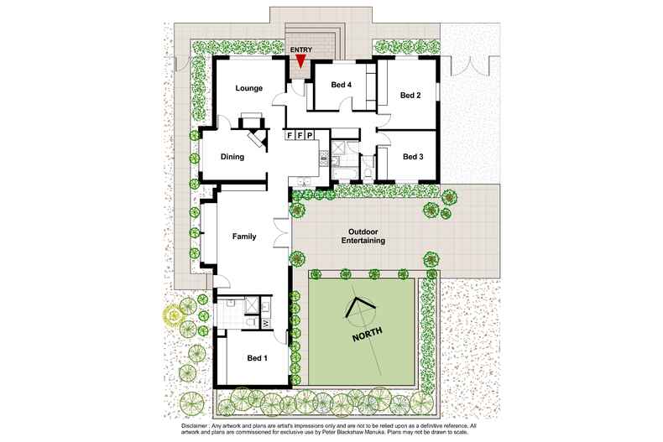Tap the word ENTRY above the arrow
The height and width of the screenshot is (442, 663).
(300, 50)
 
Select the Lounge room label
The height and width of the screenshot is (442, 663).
(249, 88)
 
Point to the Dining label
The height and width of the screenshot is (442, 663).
(232, 156)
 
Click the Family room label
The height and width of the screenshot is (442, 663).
(243, 237)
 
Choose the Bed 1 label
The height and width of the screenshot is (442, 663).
(257, 358)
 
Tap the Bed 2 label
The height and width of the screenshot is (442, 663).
(410, 95)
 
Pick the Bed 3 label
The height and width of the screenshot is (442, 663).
(412, 156)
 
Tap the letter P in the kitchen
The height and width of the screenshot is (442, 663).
(309, 134)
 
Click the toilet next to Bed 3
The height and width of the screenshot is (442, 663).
(368, 172)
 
